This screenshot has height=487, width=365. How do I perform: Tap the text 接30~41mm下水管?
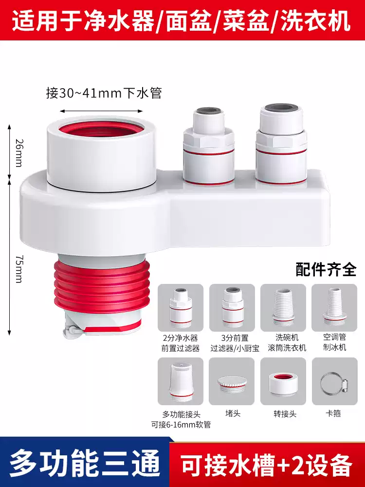[104, 93]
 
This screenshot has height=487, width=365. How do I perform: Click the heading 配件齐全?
[326, 269]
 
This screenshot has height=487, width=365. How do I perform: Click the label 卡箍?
[334, 414]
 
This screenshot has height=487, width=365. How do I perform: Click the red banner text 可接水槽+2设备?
[266, 466]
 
